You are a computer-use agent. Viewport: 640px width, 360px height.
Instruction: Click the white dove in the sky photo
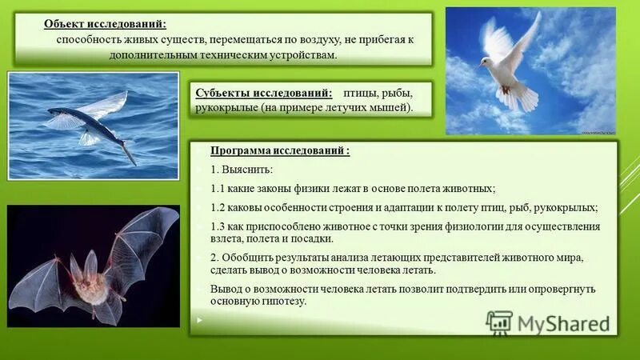(x=510, y=68)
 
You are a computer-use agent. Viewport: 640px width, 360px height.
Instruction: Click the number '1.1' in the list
(x=218, y=189)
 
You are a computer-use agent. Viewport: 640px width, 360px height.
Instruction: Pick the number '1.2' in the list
(x=218, y=207)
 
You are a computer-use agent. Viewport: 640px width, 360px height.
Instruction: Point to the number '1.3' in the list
(x=218, y=226)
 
